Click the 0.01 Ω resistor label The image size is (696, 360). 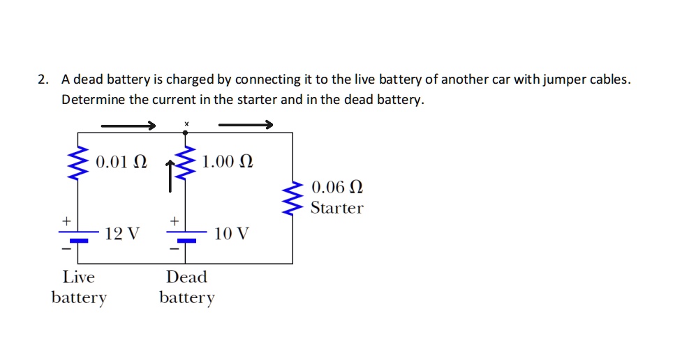pos(121,163)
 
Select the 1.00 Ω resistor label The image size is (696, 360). pos(227,163)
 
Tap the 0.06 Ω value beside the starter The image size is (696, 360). pos(337,188)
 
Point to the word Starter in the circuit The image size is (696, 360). pos(337,208)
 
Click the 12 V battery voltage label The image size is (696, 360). pos(122,234)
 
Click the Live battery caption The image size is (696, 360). pos(79,287)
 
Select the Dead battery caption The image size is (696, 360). pos(186,287)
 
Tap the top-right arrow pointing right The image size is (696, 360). pos(245,125)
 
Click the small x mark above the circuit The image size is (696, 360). pos(186,123)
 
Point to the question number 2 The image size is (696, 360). pos(43,80)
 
